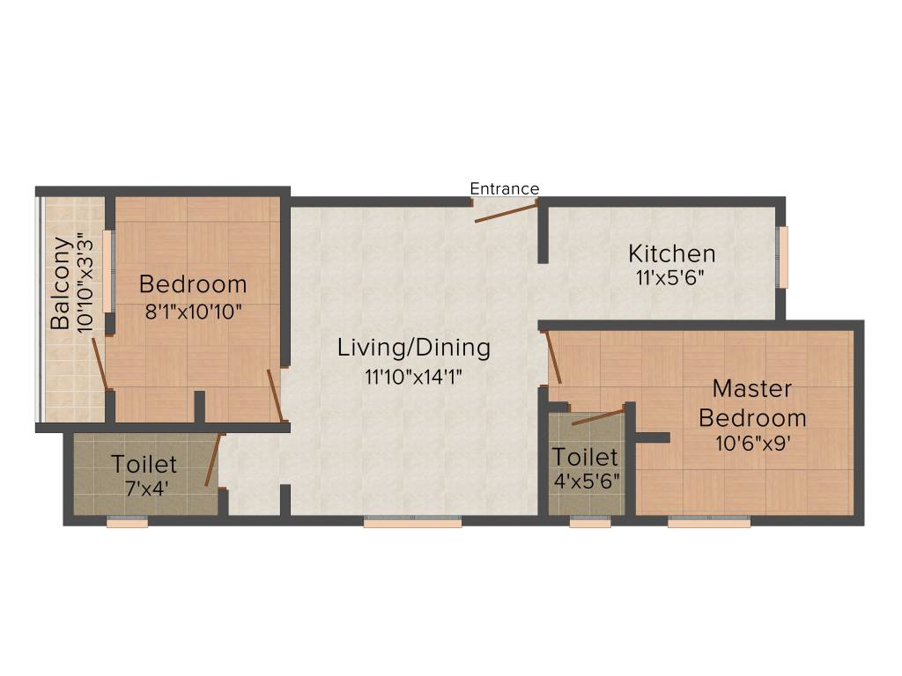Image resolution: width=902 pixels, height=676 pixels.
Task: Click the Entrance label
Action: (x=504, y=188)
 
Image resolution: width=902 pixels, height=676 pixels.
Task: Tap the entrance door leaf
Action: (x=506, y=211)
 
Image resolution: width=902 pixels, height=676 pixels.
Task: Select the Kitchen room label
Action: (x=671, y=254)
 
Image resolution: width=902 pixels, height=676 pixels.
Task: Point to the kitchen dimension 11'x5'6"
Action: (x=671, y=276)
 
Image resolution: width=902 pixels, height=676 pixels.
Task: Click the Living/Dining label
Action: (x=414, y=348)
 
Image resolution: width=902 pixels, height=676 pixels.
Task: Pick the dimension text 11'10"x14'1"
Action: (x=414, y=377)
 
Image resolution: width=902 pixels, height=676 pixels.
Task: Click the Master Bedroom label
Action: (x=752, y=402)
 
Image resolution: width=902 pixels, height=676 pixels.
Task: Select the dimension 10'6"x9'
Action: (x=752, y=444)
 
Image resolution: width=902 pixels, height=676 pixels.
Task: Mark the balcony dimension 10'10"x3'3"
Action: (x=85, y=282)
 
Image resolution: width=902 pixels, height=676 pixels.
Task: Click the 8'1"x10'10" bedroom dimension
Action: (x=193, y=312)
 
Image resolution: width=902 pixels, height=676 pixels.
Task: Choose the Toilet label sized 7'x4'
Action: (x=144, y=463)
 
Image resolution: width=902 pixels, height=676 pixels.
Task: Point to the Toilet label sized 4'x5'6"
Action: (x=585, y=457)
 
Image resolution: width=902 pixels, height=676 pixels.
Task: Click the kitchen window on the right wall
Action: (x=782, y=256)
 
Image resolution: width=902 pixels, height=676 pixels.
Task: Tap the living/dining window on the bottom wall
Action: (x=412, y=522)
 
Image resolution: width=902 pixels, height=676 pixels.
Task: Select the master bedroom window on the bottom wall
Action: (x=709, y=522)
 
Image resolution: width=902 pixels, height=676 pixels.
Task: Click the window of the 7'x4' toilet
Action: (x=127, y=522)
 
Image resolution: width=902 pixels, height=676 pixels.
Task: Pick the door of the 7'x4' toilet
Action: (x=212, y=460)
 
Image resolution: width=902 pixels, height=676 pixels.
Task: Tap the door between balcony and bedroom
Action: (x=100, y=362)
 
